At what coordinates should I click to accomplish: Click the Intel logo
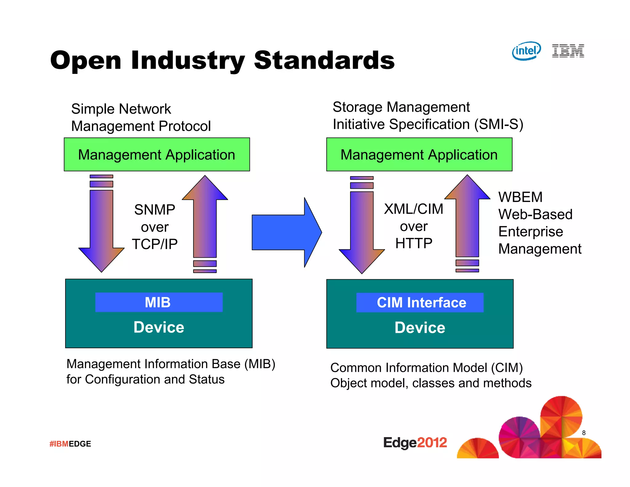[x=526, y=51]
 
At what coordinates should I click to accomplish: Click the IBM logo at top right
[x=568, y=51]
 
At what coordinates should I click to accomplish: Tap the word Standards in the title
[x=324, y=60]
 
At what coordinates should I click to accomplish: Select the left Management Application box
[x=157, y=155]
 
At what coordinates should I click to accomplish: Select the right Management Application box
[x=419, y=155]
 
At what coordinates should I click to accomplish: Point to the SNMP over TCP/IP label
[x=155, y=227]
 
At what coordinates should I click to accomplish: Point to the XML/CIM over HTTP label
[x=414, y=226]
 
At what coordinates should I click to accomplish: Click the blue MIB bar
[x=159, y=302]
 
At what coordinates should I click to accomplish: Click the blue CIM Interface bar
[x=420, y=303]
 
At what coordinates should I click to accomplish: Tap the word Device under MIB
[x=159, y=327]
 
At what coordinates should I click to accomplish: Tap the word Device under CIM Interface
[x=420, y=328]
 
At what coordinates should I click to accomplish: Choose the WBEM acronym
[x=520, y=197]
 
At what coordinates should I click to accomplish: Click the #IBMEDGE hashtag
[x=70, y=444]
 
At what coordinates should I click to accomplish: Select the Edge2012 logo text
[x=415, y=443]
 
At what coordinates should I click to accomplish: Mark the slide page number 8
[x=584, y=433]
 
